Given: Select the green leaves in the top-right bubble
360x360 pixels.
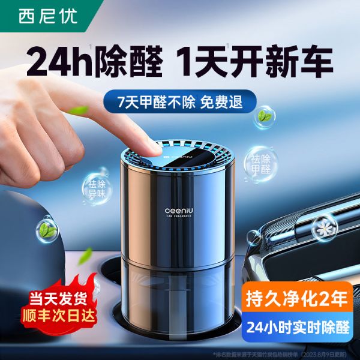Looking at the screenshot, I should point(264,114).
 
